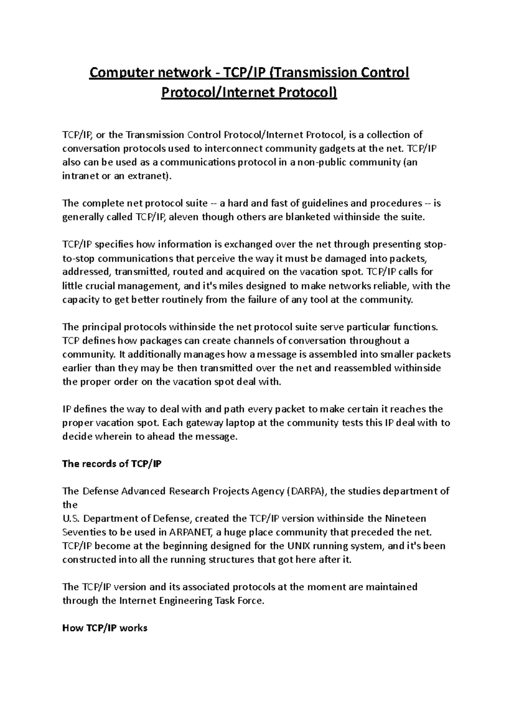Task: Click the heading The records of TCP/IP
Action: coord(112,464)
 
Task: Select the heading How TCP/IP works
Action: coord(105,628)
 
